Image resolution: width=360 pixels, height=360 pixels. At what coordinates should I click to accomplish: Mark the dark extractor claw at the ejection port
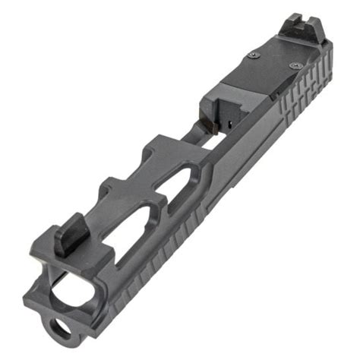tap(227, 122)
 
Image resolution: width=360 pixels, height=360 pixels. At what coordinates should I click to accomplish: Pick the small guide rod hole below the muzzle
tap(60, 329)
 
